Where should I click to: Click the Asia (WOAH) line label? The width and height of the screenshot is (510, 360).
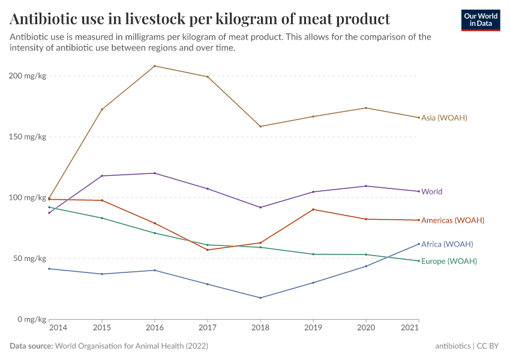pos(444,118)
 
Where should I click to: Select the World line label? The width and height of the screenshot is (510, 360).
pos(431,192)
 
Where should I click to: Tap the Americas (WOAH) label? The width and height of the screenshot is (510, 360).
pos(452,220)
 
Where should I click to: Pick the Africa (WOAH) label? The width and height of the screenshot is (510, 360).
pos(447,244)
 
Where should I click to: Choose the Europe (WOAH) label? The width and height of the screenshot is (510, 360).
pos(449,262)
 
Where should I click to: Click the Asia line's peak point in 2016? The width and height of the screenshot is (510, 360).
pos(155,66)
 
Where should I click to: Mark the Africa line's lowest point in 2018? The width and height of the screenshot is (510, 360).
pos(260,298)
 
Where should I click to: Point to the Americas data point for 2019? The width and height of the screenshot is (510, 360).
pos(313,209)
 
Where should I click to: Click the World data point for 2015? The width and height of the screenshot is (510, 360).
pos(102,176)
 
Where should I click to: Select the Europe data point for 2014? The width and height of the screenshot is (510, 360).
pos(49,207)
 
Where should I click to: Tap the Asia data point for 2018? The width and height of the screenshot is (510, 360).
pos(260,127)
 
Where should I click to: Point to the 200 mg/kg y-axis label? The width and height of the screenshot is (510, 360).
pos(28,76)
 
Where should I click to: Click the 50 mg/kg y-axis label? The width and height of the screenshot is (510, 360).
pos(30,259)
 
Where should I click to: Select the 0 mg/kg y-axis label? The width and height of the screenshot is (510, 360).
pos(32,319)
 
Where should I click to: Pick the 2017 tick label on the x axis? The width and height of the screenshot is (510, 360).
pos(208,329)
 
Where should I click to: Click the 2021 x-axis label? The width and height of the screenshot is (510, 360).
pos(410,329)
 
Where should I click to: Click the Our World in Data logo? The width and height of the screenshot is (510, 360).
pos(481,20)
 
